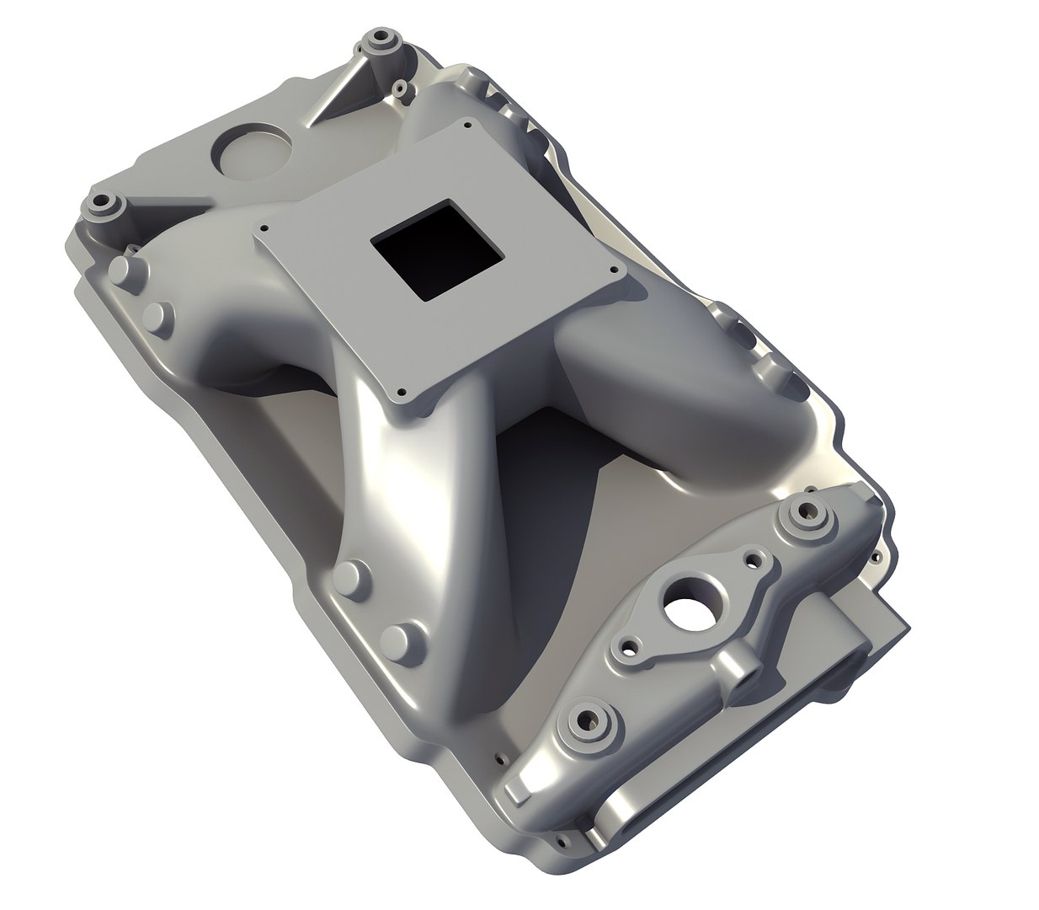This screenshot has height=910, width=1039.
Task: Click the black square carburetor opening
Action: tap(436, 249)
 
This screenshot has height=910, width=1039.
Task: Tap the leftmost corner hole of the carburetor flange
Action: tap(264, 227)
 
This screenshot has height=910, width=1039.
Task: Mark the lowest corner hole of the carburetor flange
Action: tap(402, 392)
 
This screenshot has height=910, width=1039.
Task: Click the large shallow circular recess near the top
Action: tap(250, 151)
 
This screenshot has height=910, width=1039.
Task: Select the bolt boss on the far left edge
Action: tap(104, 204)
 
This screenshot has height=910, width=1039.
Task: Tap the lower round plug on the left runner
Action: tap(157, 317)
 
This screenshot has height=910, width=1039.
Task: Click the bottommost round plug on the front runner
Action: tap(402, 641)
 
